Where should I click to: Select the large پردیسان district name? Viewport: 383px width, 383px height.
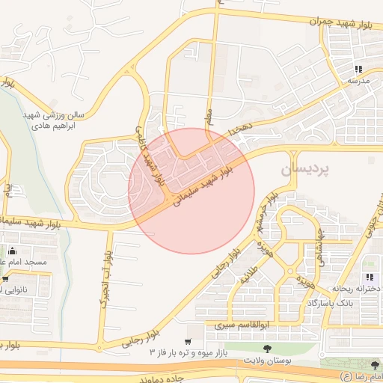304,171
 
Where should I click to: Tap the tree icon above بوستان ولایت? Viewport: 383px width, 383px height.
267,348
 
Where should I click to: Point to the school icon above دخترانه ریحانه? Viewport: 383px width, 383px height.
370,277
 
